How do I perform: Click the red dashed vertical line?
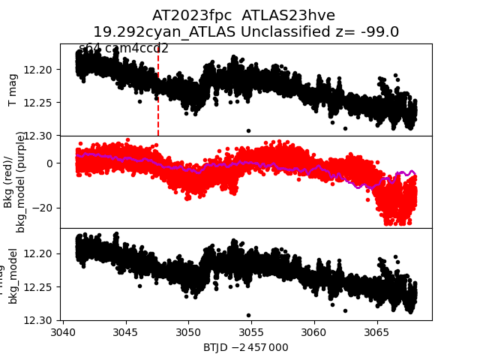click(x=158, y=112)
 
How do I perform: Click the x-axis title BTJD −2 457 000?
click(x=245, y=347)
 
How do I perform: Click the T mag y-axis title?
click(x=13, y=90)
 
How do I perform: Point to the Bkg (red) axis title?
click(x=9, y=182)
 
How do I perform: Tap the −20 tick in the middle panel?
click(x=42, y=208)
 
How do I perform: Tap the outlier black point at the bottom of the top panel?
click(x=248, y=130)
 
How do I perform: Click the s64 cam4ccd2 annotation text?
click(x=124, y=49)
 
